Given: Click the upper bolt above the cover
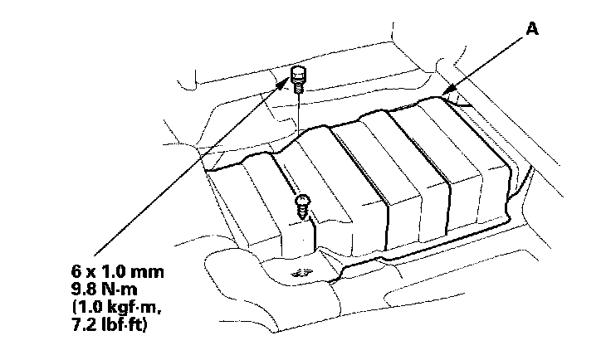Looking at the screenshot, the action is [299, 79].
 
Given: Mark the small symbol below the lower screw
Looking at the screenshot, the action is [296, 270].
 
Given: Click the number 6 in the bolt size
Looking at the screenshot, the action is [77, 271].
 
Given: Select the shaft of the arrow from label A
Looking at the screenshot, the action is [486, 62].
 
